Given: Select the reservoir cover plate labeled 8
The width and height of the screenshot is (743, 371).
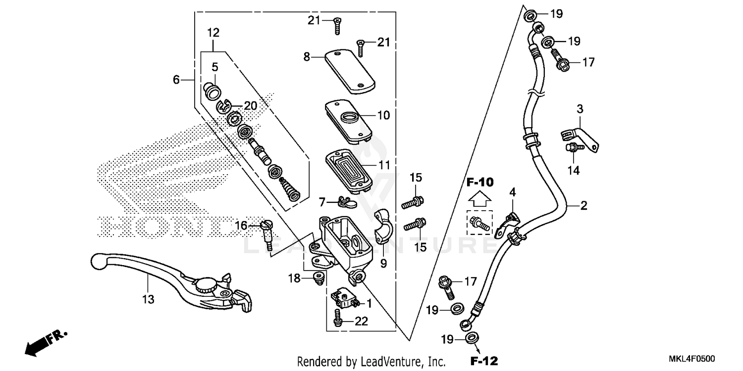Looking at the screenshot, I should click(x=349, y=70).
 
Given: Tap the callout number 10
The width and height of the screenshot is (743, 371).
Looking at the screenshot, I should click(x=384, y=115).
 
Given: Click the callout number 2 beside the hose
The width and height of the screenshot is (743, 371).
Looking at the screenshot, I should click(x=584, y=206).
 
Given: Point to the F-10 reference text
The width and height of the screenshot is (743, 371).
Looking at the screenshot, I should click(x=480, y=183).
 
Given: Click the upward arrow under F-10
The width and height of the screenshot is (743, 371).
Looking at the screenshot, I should click(x=480, y=199).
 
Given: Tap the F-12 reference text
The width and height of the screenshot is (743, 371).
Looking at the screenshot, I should click(x=484, y=360).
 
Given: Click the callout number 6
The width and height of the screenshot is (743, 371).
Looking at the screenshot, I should click(x=176, y=79).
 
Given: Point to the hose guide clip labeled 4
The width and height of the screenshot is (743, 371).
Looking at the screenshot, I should click(x=508, y=223).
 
